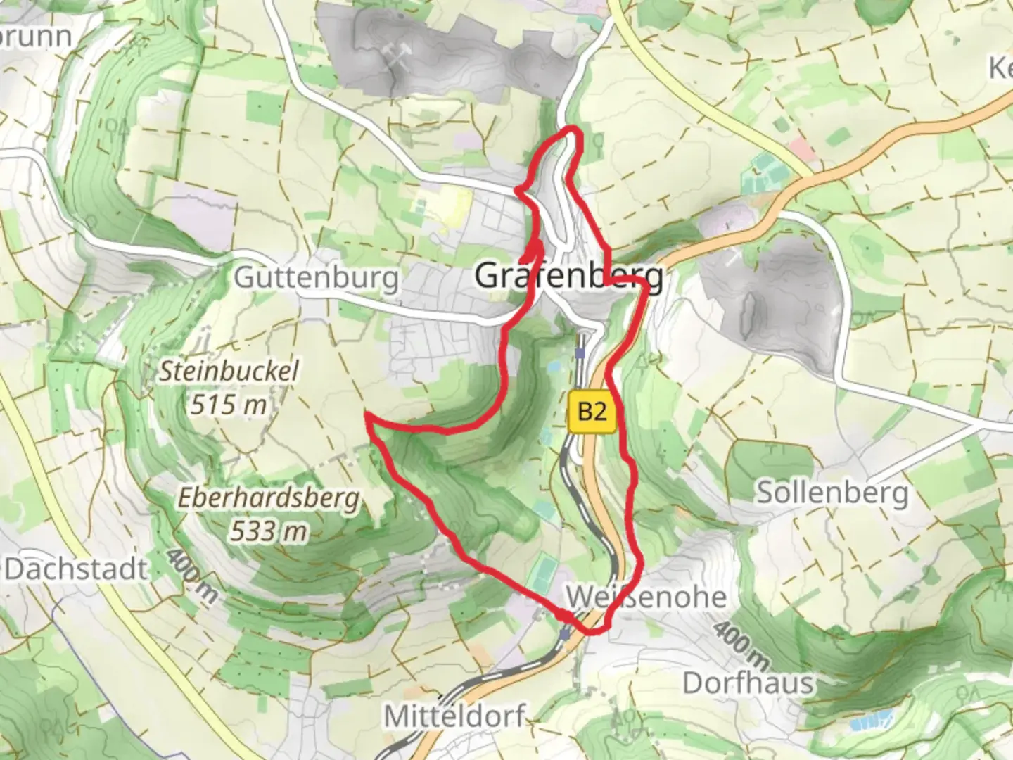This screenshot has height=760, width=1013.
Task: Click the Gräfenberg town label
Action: [568, 276]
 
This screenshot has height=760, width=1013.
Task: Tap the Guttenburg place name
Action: [316, 277]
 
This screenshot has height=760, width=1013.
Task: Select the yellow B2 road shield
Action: [592, 410]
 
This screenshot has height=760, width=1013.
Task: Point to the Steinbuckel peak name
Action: [228, 371]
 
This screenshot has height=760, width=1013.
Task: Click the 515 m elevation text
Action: [228, 404]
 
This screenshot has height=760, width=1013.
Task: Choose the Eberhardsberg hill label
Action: [268, 498]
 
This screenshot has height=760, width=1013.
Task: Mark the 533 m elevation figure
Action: [268, 531]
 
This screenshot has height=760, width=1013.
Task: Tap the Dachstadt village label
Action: [76, 569]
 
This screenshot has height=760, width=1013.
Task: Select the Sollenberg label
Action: [832, 493]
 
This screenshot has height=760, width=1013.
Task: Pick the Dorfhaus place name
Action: [748, 683]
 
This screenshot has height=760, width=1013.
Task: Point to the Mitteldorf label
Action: [454, 716]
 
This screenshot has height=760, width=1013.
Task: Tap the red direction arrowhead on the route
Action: [537, 248]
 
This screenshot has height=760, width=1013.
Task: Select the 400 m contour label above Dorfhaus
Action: [740, 645]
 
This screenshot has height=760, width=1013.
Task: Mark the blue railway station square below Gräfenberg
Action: [580, 353]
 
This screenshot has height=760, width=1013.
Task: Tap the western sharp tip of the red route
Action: [366, 416]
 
